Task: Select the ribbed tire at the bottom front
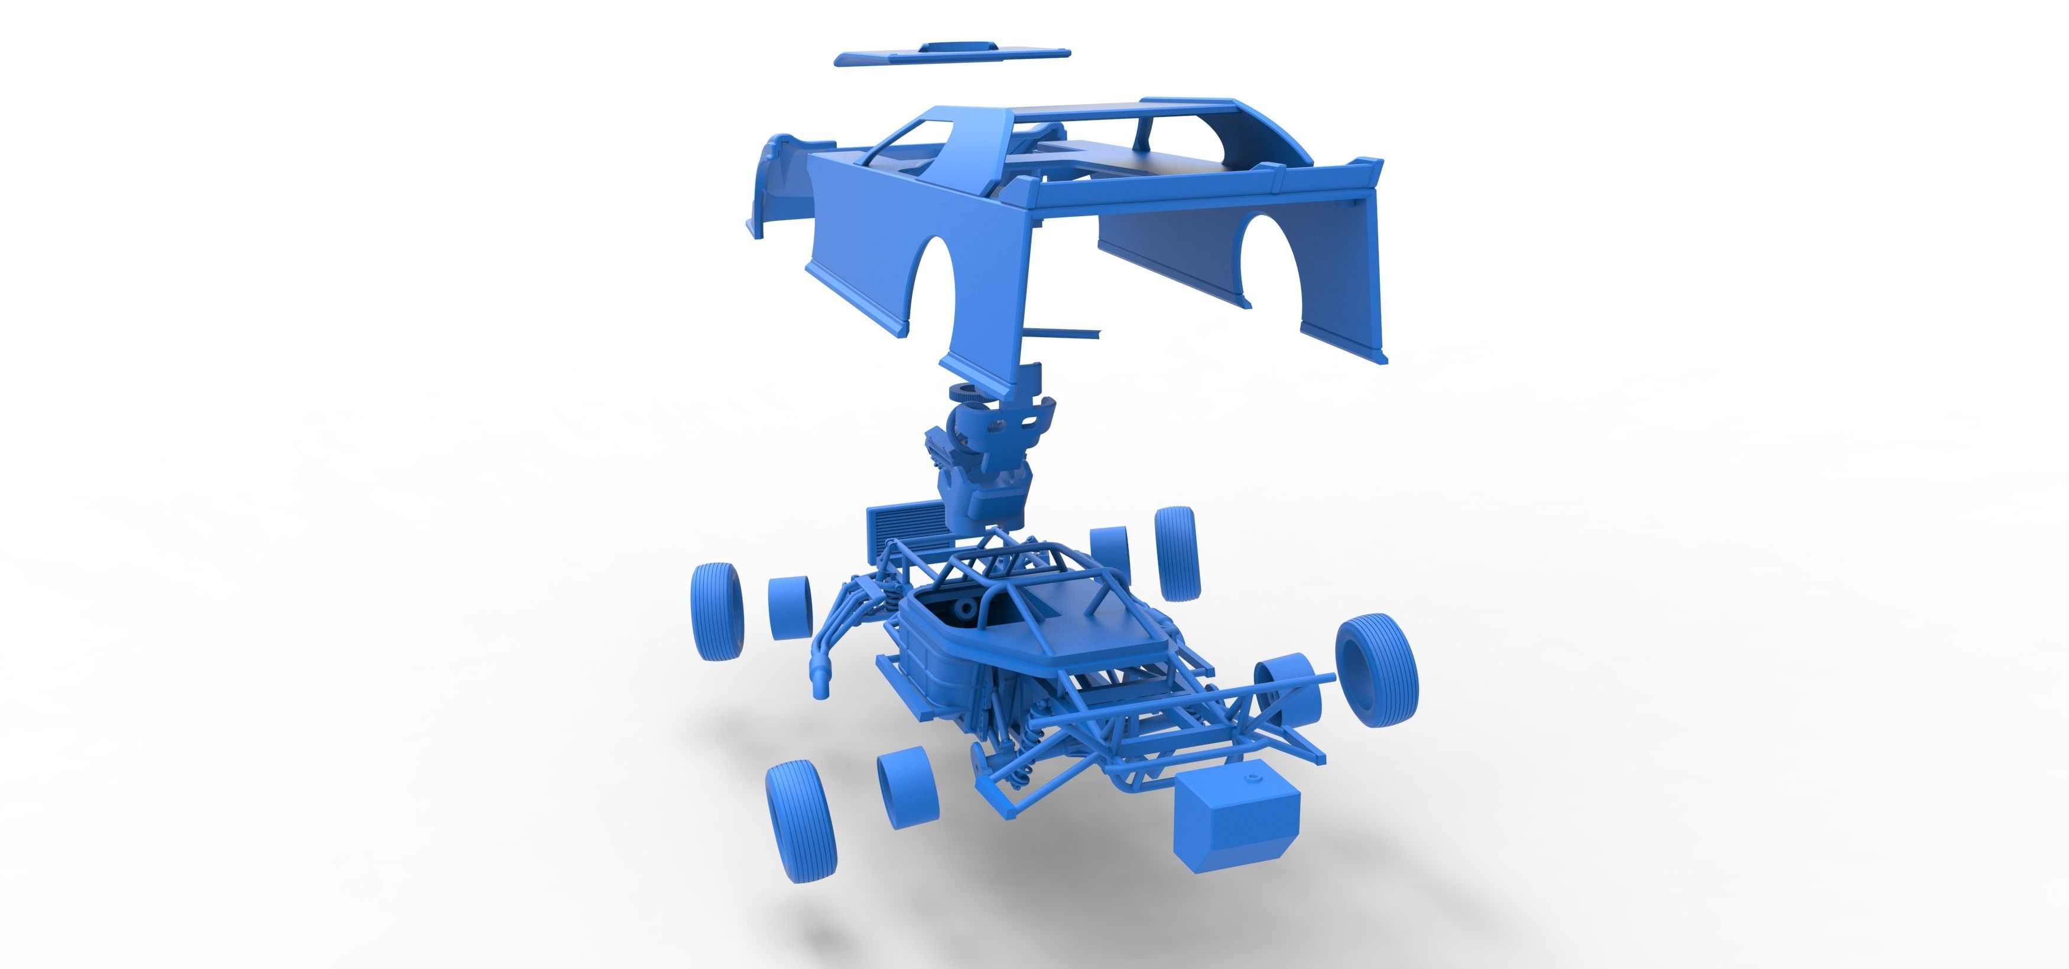pyautogui.click(x=800, y=822)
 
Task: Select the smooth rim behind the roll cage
pyautogui.click(x=1110, y=554)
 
